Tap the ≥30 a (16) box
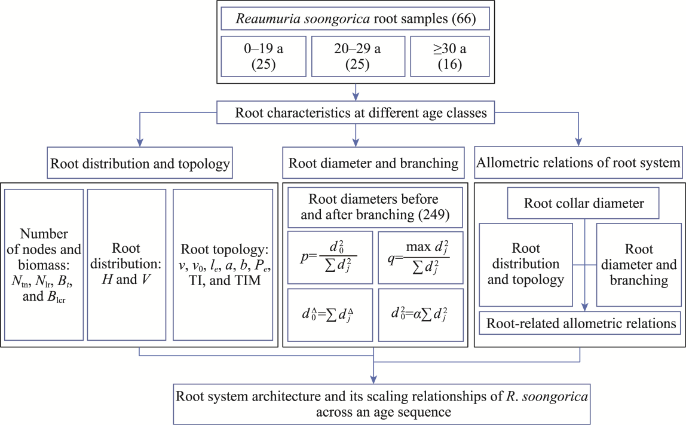450,56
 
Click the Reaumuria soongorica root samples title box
356,19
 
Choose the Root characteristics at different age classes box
356,112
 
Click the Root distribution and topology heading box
140,163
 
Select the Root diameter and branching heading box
373,163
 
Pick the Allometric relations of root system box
578,163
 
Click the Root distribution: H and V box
127,264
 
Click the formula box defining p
330,257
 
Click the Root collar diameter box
584,204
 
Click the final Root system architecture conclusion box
373,404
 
